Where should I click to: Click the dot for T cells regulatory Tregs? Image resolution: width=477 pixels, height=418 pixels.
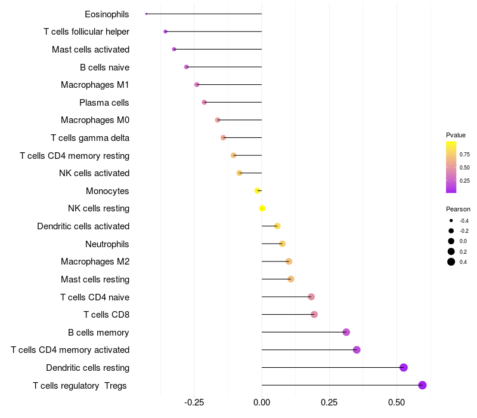pos(422,385)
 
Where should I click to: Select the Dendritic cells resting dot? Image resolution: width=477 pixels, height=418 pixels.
pos(403,367)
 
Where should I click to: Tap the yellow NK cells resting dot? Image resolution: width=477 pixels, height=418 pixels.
pos(262,208)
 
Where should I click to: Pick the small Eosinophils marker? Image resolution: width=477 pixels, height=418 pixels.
pos(146,14)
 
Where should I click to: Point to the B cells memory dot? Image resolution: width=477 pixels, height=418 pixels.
pos(346,332)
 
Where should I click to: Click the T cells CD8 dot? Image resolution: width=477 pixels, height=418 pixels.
pos(314,315)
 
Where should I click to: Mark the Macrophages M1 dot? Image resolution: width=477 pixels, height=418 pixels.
pos(197,85)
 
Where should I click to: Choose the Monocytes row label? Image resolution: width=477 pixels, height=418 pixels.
pos(107,191)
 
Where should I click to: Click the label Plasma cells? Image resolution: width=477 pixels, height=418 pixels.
pos(104,103)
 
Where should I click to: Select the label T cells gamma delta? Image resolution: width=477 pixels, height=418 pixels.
pos(90,138)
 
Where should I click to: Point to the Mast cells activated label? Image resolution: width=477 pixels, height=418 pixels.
pos(91,50)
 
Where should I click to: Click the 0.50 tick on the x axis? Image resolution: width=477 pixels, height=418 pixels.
pos(397,403)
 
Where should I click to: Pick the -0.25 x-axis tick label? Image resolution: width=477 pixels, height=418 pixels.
pos(194,403)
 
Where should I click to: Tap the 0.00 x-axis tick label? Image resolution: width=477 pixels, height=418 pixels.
pos(262,403)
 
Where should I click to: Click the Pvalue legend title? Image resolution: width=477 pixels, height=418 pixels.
pos(456,135)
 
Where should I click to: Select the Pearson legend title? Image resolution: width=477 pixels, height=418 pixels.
pos(458,210)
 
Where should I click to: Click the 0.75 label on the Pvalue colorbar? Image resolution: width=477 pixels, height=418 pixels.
pos(464,155)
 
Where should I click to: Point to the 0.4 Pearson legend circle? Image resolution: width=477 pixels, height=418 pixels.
pos(451,262)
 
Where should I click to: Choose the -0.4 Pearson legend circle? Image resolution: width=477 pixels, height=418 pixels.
pos(451,221)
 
